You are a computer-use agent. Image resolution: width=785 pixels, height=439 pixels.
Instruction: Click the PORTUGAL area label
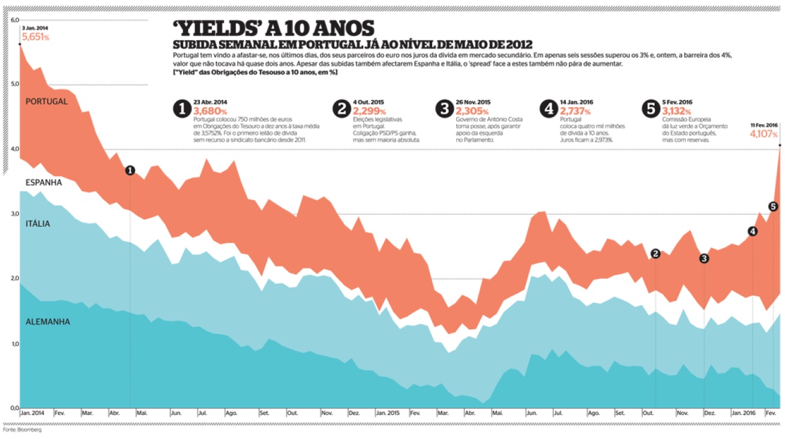[x=46, y=102]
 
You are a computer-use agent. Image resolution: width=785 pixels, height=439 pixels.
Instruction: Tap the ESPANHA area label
[x=43, y=182]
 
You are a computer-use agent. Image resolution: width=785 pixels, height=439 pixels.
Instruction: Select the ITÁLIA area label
[x=37, y=224]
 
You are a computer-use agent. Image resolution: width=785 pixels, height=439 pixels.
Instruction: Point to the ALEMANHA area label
[x=47, y=322]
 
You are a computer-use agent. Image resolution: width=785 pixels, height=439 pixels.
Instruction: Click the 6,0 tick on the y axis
[x=14, y=20]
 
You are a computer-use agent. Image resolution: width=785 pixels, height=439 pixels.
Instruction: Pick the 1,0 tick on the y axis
[x=14, y=344]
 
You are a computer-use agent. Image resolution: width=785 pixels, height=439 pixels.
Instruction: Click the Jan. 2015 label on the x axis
[x=388, y=413]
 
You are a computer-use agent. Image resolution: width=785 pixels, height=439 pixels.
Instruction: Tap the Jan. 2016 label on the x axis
[x=743, y=413]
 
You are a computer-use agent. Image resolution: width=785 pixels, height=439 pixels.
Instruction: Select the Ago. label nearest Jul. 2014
[x=231, y=413]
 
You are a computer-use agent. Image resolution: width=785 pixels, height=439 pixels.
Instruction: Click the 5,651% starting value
[x=35, y=37]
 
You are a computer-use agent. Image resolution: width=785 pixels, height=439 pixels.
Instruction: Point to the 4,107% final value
[x=763, y=134]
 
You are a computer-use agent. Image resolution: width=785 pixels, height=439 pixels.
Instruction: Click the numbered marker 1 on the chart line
[x=130, y=171]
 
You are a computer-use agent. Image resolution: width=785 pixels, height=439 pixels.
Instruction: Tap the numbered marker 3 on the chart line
[x=704, y=258]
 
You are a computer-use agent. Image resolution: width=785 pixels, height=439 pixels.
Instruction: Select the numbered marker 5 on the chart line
[x=772, y=207]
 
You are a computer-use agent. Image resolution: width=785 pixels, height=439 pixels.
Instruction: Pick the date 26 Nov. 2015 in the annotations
[x=473, y=103]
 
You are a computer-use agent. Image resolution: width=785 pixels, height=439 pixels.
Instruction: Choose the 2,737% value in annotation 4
[x=577, y=111]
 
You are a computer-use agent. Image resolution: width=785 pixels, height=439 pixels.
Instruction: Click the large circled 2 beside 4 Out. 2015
[x=341, y=109]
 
